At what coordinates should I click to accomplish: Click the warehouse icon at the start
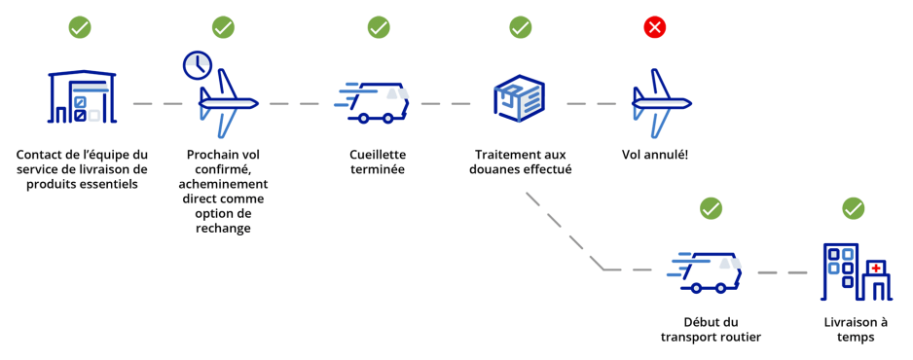[x=82, y=97]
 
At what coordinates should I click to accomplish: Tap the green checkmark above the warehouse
[x=80, y=27]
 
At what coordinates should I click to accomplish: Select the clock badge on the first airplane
[x=198, y=65]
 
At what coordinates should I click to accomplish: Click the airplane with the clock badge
[x=228, y=104]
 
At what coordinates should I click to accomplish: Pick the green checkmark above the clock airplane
[x=223, y=27]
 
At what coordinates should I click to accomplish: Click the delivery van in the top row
[x=375, y=101]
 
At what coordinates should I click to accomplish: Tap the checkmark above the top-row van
[x=379, y=27]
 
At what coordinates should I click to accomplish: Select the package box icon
[x=520, y=98]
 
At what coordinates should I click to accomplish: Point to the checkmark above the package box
[x=521, y=27]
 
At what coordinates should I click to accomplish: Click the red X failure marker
[x=655, y=27]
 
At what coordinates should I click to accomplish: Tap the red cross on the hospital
[x=876, y=268]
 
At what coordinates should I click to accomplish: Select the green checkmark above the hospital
[x=854, y=208]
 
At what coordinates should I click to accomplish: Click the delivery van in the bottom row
[x=707, y=271]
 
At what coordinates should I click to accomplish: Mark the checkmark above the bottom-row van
[x=712, y=208]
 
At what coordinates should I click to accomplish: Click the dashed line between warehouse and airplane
[x=158, y=103]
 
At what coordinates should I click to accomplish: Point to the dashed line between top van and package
[x=446, y=103]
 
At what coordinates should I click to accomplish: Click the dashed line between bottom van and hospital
[x=782, y=271]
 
